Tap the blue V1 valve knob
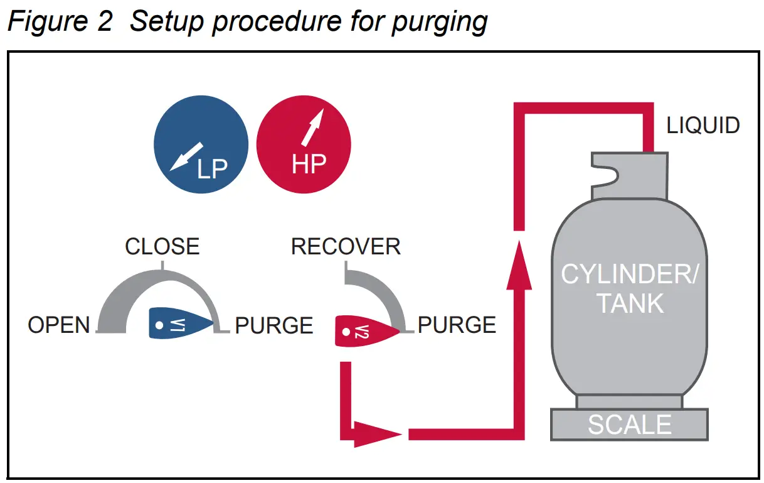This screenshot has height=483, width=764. click(x=179, y=324)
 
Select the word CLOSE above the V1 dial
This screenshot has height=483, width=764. click(x=162, y=246)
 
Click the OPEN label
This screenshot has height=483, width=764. click(x=59, y=325)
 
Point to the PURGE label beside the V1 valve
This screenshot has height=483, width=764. click(x=274, y=325)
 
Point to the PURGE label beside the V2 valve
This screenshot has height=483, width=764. click(x=457, y=325)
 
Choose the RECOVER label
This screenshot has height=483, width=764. click(x=346, y=246)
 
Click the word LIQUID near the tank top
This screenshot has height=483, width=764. click(x=703, y=126)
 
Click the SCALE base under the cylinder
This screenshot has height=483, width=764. click(x=629, y=425)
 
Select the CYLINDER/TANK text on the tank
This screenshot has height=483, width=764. click(x=629, y=289)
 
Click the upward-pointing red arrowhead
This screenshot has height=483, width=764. click(x=519, y=267)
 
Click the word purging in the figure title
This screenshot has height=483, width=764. click(x=439, y=21)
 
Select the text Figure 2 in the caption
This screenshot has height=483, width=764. click(x=60, y=21)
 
